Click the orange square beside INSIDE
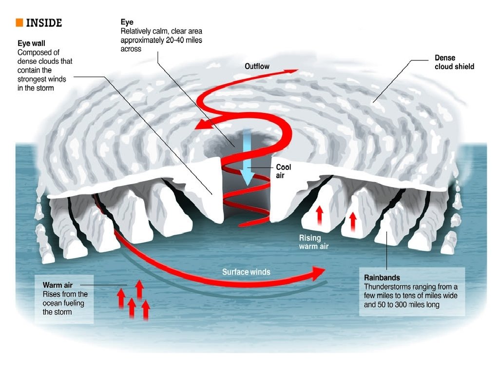(19, 22)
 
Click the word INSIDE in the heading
(44, 23)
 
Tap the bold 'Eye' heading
(127, 22)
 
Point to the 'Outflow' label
(256, 66)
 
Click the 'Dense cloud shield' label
(454, 62)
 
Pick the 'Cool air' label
(284, 171)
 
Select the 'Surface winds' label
(246, 272)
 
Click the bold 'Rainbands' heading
(382, 278)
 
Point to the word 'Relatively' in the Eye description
(136, 31)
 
